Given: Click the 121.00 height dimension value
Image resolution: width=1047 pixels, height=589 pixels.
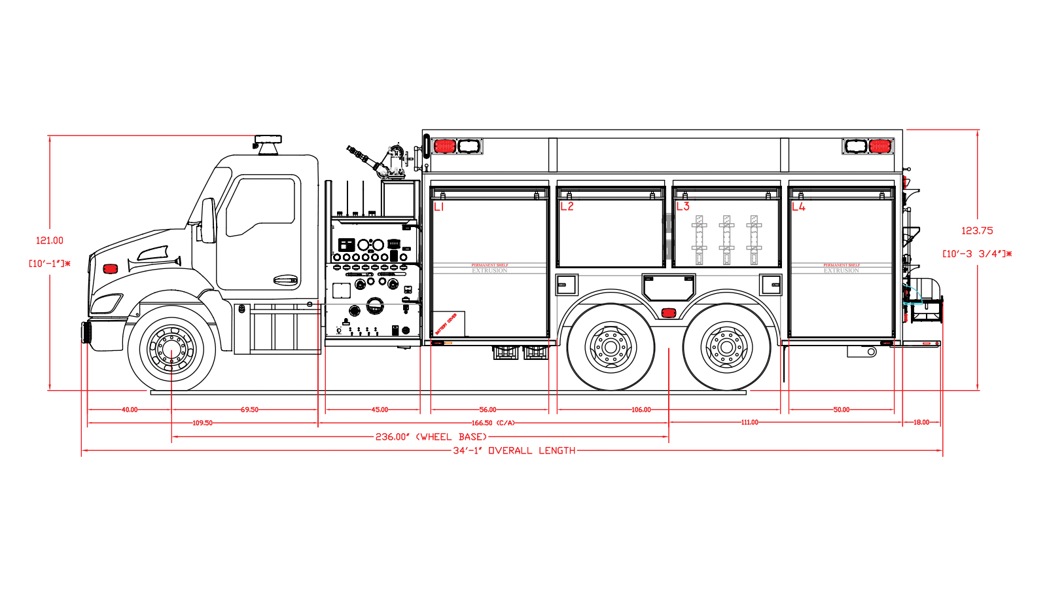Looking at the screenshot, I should pyautogui.click(x=50, y=241).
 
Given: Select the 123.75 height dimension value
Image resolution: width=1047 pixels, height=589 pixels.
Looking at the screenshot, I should pyautogui.click(x=977, y=230).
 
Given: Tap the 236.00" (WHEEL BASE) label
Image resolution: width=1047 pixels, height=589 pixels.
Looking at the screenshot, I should pyautogui.click(x=431, y=437).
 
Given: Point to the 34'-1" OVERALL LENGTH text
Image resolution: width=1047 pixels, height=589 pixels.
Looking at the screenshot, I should pyautogui.click(x=514, y=450).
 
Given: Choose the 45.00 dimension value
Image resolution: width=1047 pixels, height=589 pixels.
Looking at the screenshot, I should pyautogui.click(x=380, y=410).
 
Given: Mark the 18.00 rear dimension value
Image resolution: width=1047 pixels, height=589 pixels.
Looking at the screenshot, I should pyautogui.click(x=921, y=422).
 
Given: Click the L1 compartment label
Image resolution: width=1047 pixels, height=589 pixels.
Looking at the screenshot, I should pyautogui.click(x=439, y=207).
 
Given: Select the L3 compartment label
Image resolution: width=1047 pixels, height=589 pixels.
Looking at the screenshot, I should pyautogui.click(x=683, y=207).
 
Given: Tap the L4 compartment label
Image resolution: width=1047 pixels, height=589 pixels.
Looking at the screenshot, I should pyautogui.click(x=798, y=207).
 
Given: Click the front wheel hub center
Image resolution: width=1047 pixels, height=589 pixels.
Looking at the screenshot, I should pyautogui.click(x=171, y=348).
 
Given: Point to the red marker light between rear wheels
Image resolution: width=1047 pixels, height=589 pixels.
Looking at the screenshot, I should pyautogui.click(x=668, y=313).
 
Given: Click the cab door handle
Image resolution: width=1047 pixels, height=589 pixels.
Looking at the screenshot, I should pyautogui.click(x=285, y=280).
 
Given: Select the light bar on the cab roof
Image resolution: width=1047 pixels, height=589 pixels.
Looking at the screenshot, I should pyautogui.click(x=268, y=139).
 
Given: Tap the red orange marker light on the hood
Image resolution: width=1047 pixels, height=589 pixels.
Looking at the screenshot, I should pyautogui.click(x=111, y=268).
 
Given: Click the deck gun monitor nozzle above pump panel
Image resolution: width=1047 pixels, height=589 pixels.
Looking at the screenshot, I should pyautogui.click(x=359, y=154).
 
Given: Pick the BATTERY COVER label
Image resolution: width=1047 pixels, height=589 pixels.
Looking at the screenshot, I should pyautogui.click(x=446, y=324).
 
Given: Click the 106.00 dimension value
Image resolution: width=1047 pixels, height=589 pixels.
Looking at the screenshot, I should pyautogui.click(x=641, y=410).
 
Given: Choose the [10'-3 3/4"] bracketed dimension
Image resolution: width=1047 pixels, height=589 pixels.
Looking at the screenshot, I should pyautogui.click(x=976, y=254).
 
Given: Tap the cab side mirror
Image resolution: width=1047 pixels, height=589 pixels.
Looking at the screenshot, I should pyautogui.click(x=208, y=221).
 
